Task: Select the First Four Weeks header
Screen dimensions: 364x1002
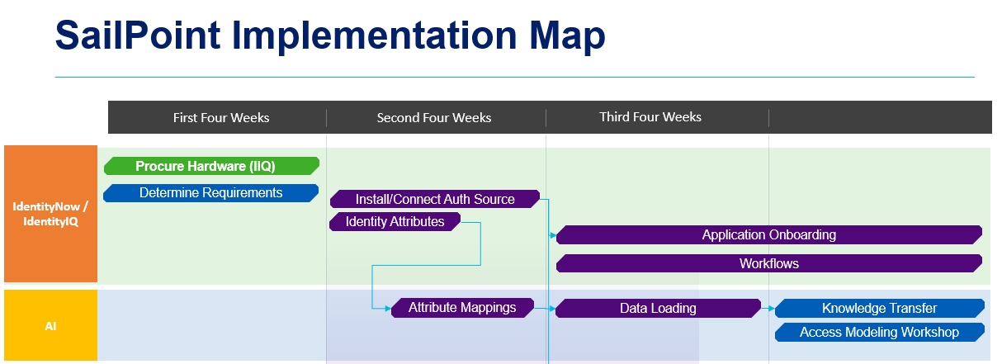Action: pyautogui.click(x=220, y=117)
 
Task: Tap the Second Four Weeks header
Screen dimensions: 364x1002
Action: pyautogui.click(x=433, y=117)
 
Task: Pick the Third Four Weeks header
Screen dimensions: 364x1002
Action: pyautogui.click(x=650, y=117)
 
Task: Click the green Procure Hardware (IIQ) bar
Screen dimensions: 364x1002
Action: pyautogui.click(x=211, y=166)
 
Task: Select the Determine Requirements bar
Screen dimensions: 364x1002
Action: pyautogui.click(x=211, y=193)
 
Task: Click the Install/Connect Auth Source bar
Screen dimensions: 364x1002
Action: pyautogui.click(x=435, y=199)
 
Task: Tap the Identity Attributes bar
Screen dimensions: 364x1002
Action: pyautogui.click(x=395, y=221)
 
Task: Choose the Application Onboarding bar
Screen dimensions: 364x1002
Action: pyautogui.click(x=768, y=235)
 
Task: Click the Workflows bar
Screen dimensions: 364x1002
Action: pyautogui.click(x=768, y=264)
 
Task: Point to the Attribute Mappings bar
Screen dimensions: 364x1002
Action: pyautogui.click(x=462, y=308)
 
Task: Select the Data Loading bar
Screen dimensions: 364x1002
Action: pyautogui.click(x=658, y=309)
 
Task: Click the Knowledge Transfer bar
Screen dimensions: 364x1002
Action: pyautogui.click(x=879, y=309)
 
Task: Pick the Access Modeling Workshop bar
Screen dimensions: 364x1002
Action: pyautogui.click(x=879, y=332)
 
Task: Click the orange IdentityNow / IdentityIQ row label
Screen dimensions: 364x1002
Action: pyautogui.click(x=50, y=214)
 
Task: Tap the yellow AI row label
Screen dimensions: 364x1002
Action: pyautogui.click(x=50, y=325)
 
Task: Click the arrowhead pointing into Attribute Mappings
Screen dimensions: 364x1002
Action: pyautogui.click(x=388, y=308)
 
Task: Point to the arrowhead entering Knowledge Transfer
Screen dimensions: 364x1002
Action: pyautogui.click(x=771, y=309)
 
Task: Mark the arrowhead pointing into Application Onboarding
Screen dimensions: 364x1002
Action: pyautogui.click(x=553, y=235)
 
